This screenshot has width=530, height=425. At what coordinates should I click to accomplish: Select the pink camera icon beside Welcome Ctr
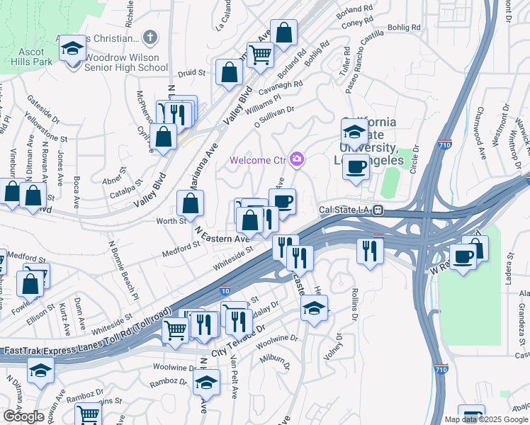tap(297, 160)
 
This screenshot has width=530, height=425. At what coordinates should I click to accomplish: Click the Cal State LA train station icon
tap(379, 210)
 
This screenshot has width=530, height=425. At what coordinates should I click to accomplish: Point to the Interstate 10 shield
tap(225, 290)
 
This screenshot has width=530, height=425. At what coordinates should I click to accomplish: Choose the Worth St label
tap(171, 221)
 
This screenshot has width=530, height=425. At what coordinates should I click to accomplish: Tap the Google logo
tap(23, 416)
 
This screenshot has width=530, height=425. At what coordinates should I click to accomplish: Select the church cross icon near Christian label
tap(149, 37)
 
